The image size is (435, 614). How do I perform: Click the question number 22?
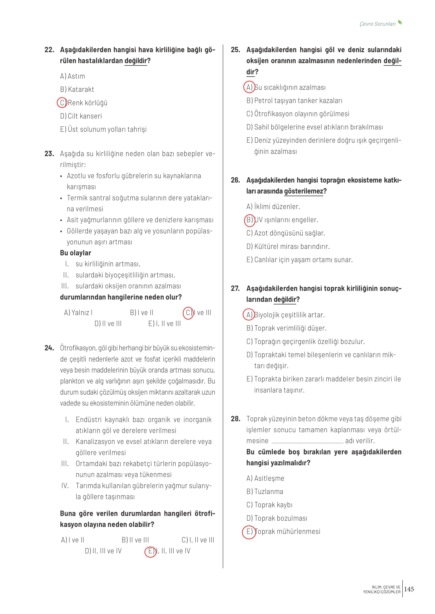tap(49, 50)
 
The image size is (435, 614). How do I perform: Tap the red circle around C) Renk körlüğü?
tap(62, 103)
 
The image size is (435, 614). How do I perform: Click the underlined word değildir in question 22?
tap(136, 61)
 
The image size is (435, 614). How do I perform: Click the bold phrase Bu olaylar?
tap(76, 253)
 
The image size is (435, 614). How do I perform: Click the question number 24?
tap(49, 348)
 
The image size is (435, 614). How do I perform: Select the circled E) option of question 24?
tap(150, 551)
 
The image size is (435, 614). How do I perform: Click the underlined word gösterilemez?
tap(303, 191)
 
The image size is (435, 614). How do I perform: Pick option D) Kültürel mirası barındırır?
tap(288, 246)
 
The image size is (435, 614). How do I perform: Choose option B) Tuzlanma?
tap(265, 492)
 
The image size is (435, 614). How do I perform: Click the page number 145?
tap(409, 589)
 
